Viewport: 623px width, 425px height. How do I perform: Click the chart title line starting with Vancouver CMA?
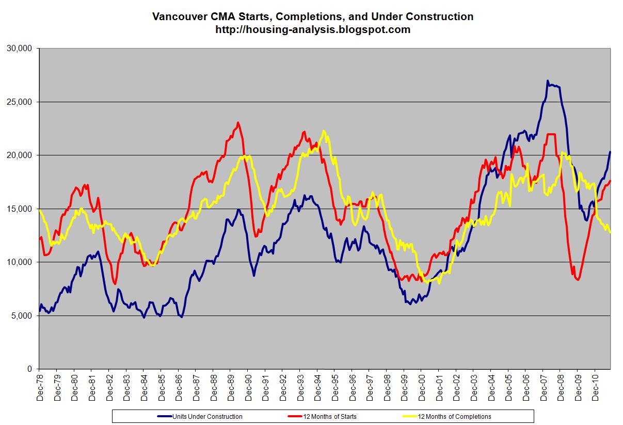click(x=312, y=17)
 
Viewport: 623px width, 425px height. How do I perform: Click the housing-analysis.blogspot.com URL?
click(x=312, y=29)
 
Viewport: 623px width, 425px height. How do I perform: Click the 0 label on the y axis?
click(x=30, y=369)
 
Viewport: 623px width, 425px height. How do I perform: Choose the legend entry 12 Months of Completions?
click(x=454, y=416)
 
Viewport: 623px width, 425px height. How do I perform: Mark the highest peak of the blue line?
click(x=547, y=81)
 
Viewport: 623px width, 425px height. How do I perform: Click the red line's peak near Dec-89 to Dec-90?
click(x=237, y=122)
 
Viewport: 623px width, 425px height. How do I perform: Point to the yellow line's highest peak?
click(x=324, y=131)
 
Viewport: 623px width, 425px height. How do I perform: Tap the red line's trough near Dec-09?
click(x=578, y=279)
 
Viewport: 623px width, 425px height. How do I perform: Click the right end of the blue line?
click(x=611, y=152)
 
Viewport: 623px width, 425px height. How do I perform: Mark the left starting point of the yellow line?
click(x=39, y=210)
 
